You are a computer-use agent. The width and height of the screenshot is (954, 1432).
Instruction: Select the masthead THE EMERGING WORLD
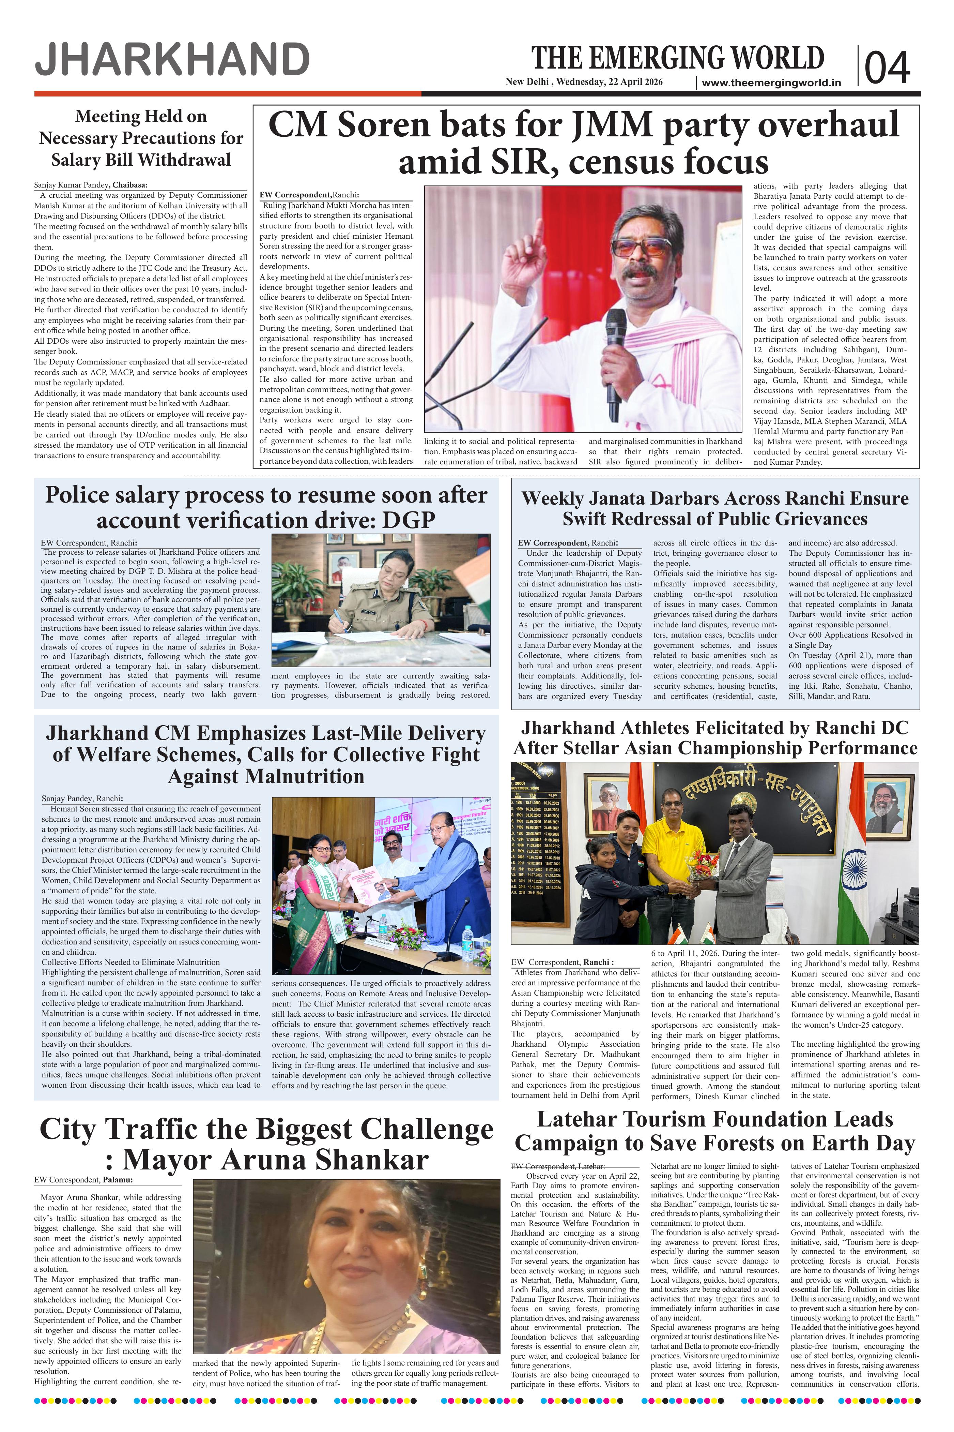click(678, 58)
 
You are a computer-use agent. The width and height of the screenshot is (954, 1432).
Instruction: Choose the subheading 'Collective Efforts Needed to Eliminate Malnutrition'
click(122, 962)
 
